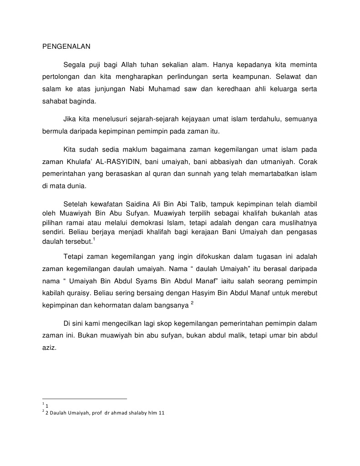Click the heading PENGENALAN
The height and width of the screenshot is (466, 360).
tap(66, 46)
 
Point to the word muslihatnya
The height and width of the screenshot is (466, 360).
tap(298, 223)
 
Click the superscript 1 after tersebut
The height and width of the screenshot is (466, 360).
tap(93, 239)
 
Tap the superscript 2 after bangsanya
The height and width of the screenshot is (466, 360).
tap(193, 303)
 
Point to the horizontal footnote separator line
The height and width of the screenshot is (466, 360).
tap(84, 399)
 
